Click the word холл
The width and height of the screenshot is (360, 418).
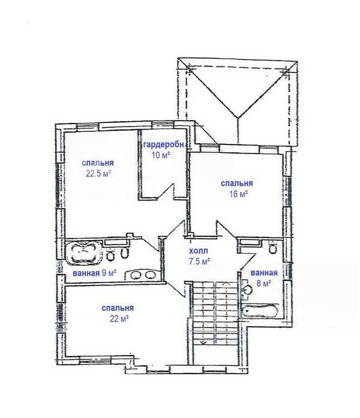coord(199,251)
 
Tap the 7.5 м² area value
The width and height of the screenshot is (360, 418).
coord(199,261)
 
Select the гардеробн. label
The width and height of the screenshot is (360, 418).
coord(164,145)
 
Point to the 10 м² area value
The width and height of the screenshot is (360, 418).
coord(161,155)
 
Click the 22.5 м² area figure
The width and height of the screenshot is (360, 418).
coord(98,174)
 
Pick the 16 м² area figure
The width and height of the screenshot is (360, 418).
coord(238,194)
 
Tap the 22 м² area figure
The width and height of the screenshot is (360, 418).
coord(119,318)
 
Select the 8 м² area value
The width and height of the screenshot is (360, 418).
coord(264,283)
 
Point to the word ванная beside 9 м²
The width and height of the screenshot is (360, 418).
coord(86,273)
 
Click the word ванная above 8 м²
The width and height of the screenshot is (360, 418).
coord(264,273)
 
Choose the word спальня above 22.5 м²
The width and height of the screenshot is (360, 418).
coord(98,163)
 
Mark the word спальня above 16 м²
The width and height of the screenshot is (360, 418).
coord(237,184)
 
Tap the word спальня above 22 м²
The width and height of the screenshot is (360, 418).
coord(118,308)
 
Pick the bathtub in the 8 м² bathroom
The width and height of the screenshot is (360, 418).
coord(260,311)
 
